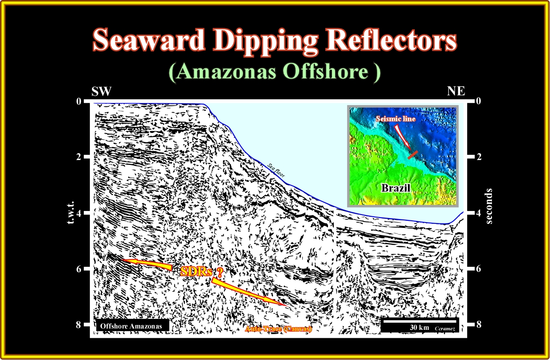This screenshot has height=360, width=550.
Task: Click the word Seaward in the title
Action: (x=149, y=39)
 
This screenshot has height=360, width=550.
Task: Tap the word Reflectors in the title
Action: (x=391, y=39)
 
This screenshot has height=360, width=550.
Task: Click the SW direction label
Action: (x=101, y=91)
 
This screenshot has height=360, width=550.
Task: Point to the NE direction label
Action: (x=456, y=91)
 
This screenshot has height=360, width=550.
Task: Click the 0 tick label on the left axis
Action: (x=78, y=101)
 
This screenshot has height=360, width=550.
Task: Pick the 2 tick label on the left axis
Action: (x=78, y=157)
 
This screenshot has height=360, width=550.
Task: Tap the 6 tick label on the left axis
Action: (x=78, y=269)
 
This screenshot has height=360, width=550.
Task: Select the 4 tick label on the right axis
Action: (x=479, y=213)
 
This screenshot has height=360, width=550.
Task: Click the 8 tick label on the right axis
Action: (x=479, y=325)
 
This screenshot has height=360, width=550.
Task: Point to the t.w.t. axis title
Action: (x=70, y=213)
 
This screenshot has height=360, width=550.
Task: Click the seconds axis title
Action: (x=489, y=206)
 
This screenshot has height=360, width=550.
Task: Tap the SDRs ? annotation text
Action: (x=202, y=272)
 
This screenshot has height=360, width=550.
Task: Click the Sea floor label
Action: (x=276, y=170)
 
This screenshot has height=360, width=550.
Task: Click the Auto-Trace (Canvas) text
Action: (x=278, y=329)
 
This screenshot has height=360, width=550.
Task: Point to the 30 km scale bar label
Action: (x=419, y=327)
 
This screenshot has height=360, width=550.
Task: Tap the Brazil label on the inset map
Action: (x=396, y=188)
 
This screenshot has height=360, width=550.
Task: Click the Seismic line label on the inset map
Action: (x=396, y=119)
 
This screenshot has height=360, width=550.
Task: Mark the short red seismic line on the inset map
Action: (x=413, y=155)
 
